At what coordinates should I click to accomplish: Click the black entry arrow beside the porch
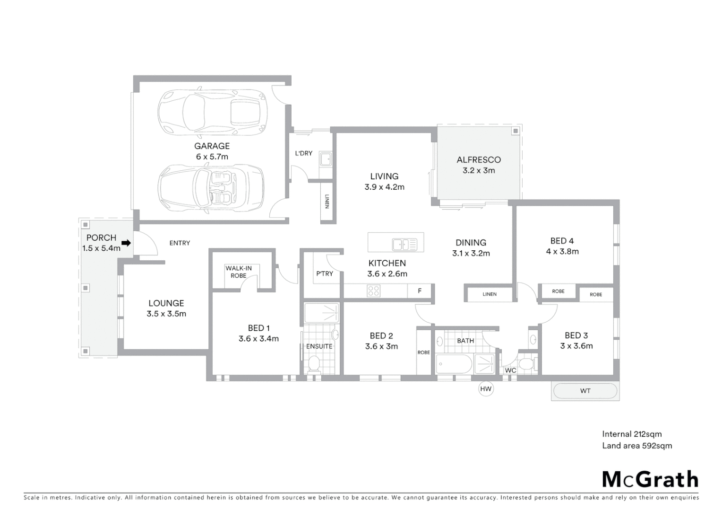tap(126, 243)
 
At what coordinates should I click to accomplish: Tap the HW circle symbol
tap(486, 389)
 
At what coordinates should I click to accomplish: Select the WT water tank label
tap(585, 391)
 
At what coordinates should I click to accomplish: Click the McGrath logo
tap(650, 479)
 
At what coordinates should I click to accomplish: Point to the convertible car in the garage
tap(212, 189)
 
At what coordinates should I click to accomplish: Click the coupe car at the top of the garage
tap(212, 112)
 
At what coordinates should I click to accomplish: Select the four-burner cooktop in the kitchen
tap(373, 291)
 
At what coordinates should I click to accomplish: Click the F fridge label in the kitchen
tap(420, 291)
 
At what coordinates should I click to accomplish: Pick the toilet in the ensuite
tap(314, 364)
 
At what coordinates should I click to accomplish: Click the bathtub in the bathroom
tap(454, 365)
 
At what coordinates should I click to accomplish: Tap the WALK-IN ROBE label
tap(239, 272)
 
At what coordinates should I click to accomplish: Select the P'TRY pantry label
tap(325, 273)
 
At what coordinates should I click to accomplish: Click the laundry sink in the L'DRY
tap(326, 159)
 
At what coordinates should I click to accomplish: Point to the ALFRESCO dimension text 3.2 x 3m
tap(479, 170)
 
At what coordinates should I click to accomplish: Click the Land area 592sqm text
tap(636, 446)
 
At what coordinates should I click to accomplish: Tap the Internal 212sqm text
tap(631, 434)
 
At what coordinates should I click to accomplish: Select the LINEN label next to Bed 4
tap(490, 294)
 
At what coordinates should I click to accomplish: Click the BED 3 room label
tap(576, 335)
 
